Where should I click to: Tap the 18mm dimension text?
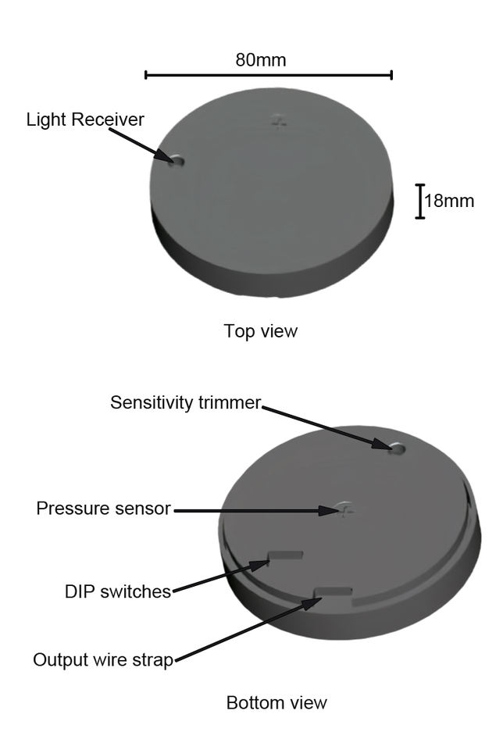[x=448, y=201]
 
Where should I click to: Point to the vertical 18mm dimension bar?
[x=420, y=201]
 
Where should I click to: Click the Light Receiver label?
[x=85, y=120]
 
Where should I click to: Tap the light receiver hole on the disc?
[x=177, y=161]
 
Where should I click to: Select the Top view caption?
[x=260, y=330]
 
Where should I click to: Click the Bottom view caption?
[x=277, y=702]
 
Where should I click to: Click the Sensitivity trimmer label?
[x=185, y=402]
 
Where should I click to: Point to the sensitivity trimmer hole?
[x=397, y=448]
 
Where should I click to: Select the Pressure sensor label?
[x=103, y=509]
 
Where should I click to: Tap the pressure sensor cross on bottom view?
[x=344, y=509]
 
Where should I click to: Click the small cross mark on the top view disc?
[x=280, y=122]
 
